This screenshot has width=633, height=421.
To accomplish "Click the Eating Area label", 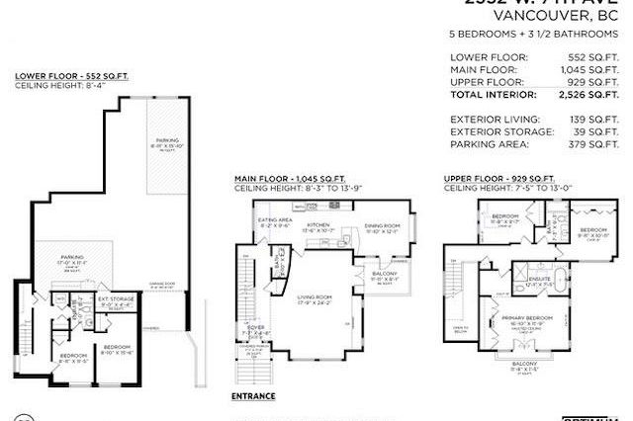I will tap(272, 219).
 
